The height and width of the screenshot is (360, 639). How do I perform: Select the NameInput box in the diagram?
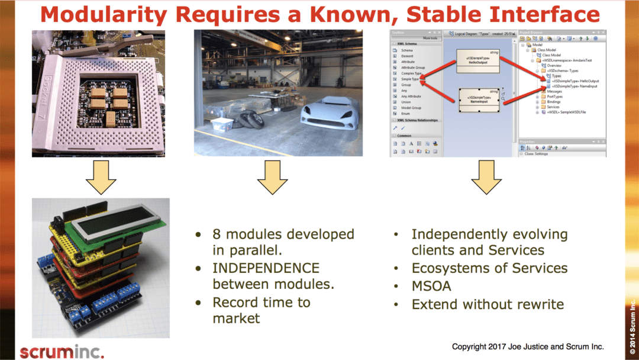click(479, 99)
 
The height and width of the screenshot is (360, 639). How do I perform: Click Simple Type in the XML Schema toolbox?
click(410, 79)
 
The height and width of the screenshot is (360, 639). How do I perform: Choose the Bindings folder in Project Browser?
click(553, 102)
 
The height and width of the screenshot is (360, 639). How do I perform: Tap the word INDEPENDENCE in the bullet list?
click(266, 268)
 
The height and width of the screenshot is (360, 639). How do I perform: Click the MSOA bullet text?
click(431, 286)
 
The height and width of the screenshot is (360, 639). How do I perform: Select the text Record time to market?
click(261, 310)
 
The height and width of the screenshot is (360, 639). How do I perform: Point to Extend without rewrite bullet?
click(487, 304)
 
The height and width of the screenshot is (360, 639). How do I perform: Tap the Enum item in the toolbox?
click(405, 114)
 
